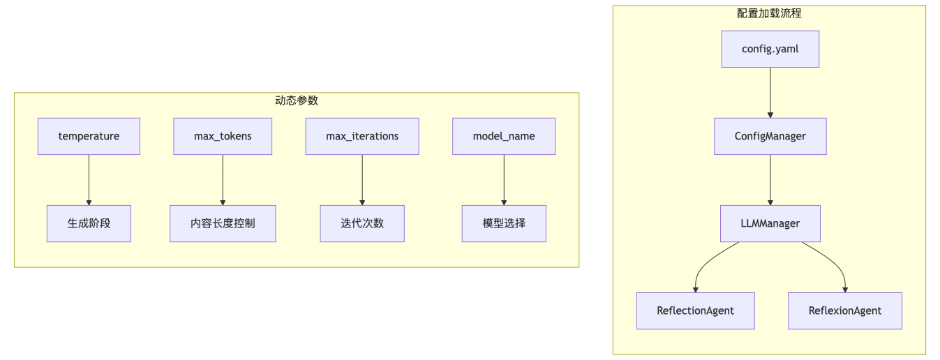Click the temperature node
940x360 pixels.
(x=89, y=136)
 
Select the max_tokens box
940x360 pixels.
(x=223, y=136)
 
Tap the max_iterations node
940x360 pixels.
(x=362, y=136)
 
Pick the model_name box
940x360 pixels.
(x=504, y=136)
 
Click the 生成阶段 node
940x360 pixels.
(x=89, y=223)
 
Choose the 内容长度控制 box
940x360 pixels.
(x=223, y=223)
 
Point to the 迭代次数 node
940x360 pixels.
(x=362, y=223)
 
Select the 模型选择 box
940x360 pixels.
(x=504, y=223)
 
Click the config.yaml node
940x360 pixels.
(x=770, y=49)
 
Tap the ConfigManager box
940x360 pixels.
(x=770, y=136)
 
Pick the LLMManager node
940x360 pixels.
(x=770, y=223)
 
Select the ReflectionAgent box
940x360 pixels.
(x=695, y=310)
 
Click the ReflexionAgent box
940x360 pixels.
(x=844, y=310)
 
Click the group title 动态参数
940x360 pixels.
(x=297, y=100)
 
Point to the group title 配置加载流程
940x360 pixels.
(x=769, y=13)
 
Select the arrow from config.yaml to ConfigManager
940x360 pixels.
(x=770, y=92)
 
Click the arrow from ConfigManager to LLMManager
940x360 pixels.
(x=770, y=179)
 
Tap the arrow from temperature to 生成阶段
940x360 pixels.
(x=89, y=179)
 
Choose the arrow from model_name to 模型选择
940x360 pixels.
(x=504, y=179)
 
